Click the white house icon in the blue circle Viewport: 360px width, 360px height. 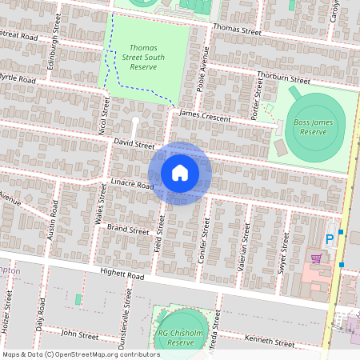pos(180,173)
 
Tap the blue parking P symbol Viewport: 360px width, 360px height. pos(328,240)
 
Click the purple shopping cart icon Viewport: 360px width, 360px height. pos(316,258)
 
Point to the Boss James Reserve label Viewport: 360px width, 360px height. pos(312,126)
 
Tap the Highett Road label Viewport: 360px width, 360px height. pos(122,274)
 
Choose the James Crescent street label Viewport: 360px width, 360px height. pos(206,116)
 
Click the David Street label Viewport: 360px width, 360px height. pos(134,145)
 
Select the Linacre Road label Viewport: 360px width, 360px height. pos(132,184)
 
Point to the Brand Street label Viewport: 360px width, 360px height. pos(128,230)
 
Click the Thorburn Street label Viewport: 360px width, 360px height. pos(283,78)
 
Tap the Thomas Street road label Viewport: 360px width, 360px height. pos(237,30)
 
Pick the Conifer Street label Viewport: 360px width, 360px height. pos(204,242)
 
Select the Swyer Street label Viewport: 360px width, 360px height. pos(282,255)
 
